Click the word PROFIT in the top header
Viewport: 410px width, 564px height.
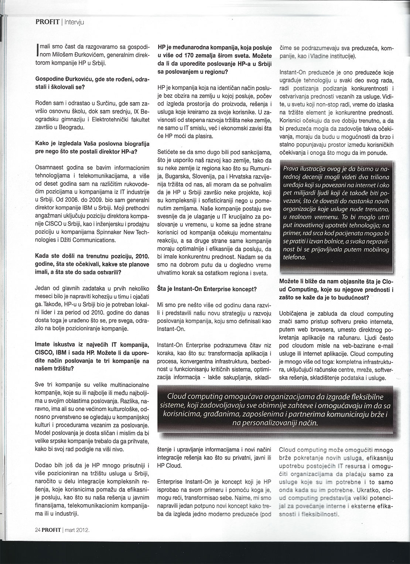click(x=48, y=22)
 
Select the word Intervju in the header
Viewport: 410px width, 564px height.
click(x=75, y=22)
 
